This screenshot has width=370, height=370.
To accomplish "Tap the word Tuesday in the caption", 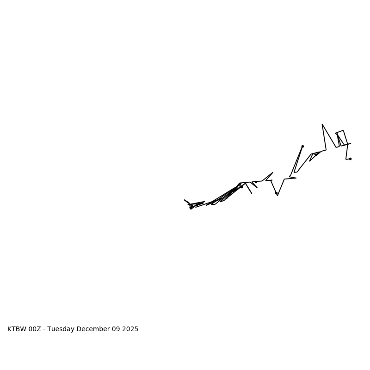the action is [x=61, y=329].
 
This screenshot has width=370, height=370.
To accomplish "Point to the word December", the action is [x=92, y=329].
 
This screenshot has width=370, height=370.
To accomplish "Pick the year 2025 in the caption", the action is [x=129, y=329].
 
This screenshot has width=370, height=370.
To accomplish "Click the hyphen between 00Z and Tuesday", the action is [x=44, y=329].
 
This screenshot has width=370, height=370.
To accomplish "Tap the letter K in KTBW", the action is [x=10, y=329].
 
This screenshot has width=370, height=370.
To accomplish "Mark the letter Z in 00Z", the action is [x=39, y=329].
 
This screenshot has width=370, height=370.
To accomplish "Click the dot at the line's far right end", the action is [x=350, y=159].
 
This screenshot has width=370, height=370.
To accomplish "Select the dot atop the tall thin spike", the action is [x=302, y=146].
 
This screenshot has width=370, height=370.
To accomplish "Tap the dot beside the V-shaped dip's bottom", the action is [x=276, y=193].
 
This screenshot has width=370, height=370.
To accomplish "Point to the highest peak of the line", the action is [x=322, y=124].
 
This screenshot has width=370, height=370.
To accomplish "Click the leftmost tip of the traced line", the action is [x=184, y=200].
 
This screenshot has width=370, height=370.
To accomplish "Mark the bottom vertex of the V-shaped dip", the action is [x=277, y=196].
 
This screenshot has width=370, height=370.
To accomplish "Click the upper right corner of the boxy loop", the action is [x=343, y=130].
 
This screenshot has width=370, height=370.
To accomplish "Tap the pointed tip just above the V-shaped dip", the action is [x=272, y=173].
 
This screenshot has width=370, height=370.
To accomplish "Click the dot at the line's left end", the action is [x=191, y=208].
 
